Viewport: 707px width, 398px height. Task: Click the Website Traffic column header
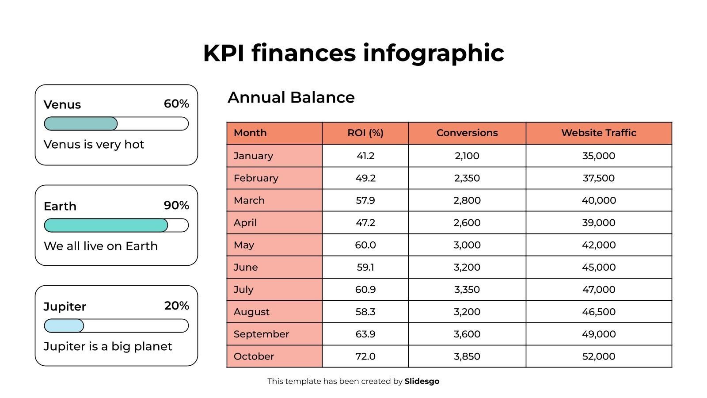[x=598, y=133]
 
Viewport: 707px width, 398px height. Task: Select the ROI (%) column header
[x=365, y=133]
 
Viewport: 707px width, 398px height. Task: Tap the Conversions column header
[x=467, y=133]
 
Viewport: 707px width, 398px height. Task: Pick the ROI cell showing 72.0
[x=365, y=356]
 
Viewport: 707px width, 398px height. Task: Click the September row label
[x=261, y=334]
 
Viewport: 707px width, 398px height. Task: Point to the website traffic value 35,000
[x=598, y=156]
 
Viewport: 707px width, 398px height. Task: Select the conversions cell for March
[x=467, y=200]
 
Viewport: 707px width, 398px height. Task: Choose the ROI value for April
[x=365, y=223]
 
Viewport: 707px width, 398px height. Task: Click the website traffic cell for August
[x=598, y=312]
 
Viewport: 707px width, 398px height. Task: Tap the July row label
[x=243, y=290]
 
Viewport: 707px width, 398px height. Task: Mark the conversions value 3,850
[x=467, y=356]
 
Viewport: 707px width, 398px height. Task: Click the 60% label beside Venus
[x=176, y=104]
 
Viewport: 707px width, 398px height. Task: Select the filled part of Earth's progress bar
[x=106, y=226]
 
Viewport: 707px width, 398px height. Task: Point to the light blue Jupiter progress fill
[x=64, y=326]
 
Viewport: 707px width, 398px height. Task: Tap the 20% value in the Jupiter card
[x=176, y=306]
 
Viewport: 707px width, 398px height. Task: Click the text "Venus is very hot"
[x=94, y=145]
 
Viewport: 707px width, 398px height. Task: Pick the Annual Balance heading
[x=291, y=98]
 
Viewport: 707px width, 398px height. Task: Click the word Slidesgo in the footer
[x=422, y=381]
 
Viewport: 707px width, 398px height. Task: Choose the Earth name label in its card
[x=60, y=207]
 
